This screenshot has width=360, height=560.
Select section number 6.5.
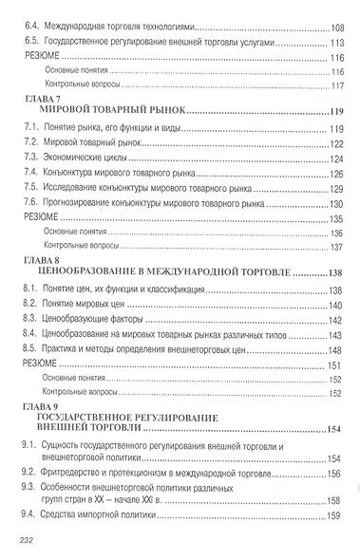point(29,44)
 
